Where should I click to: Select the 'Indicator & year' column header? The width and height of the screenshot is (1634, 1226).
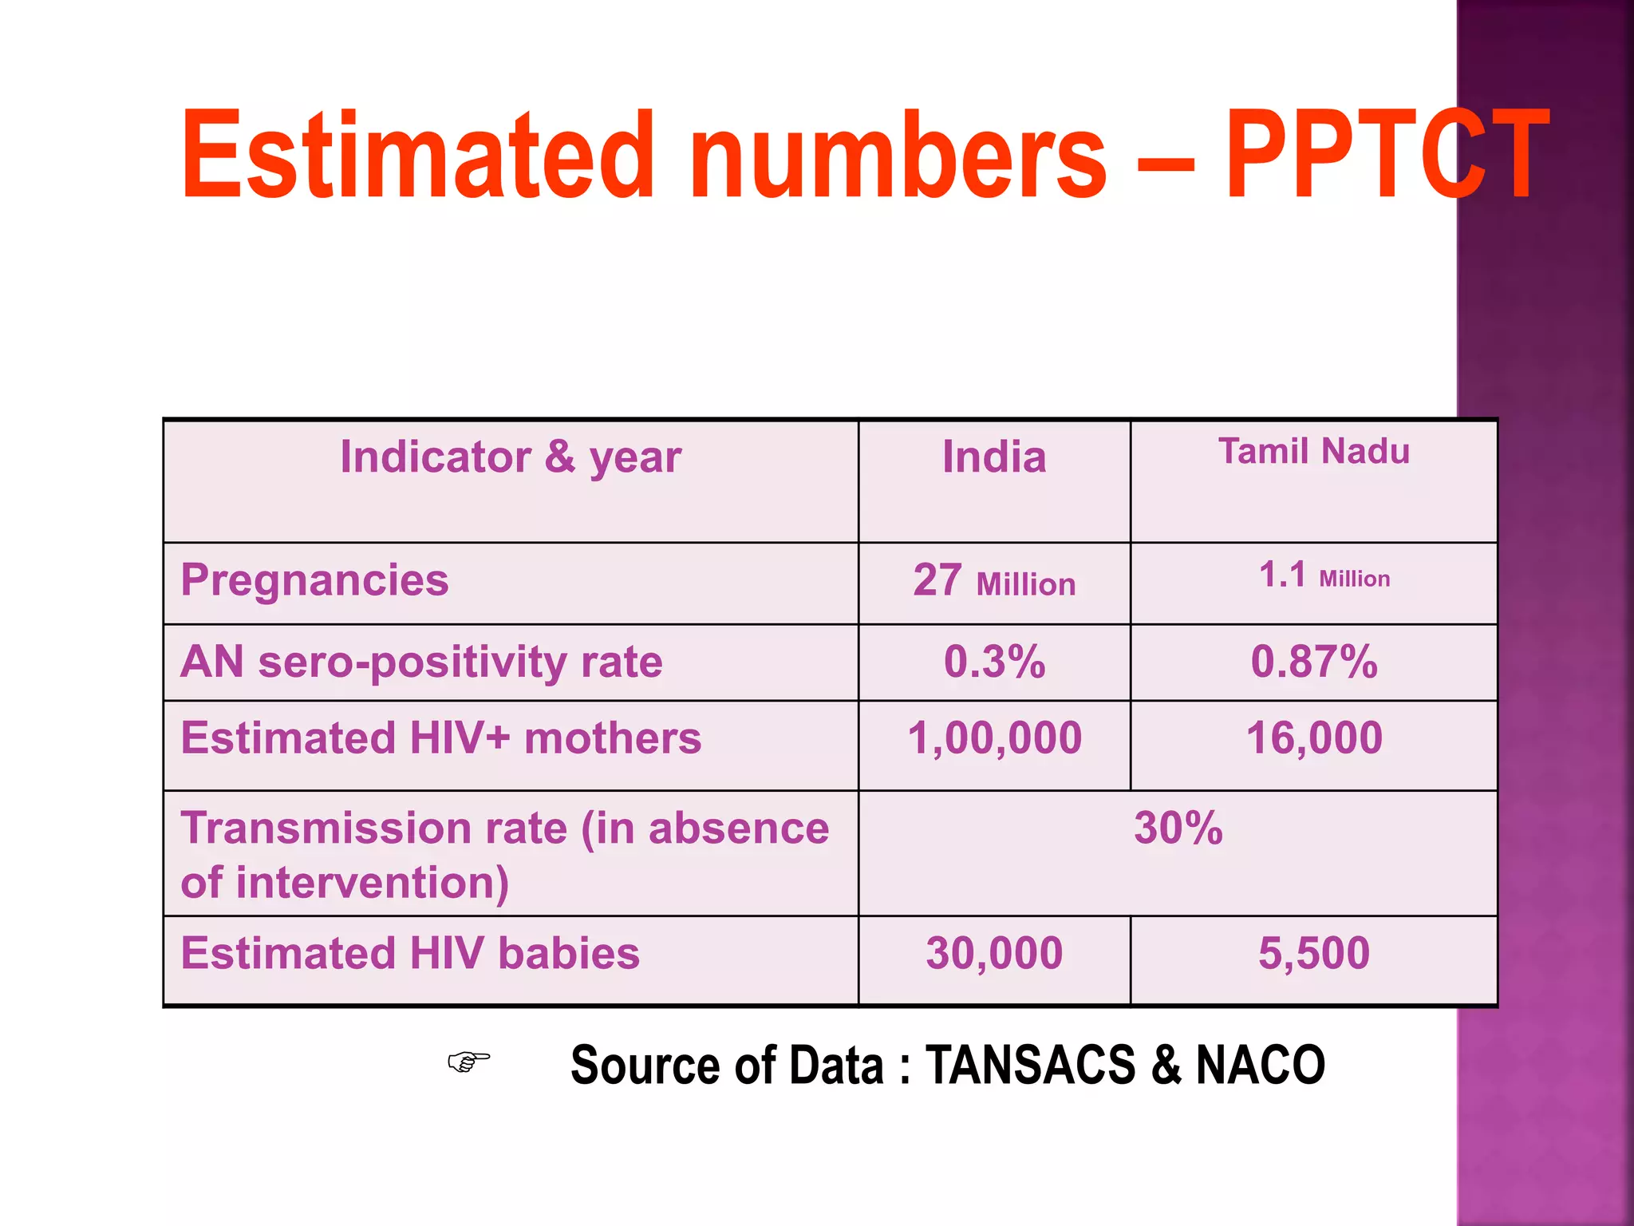click(x=511, y=457)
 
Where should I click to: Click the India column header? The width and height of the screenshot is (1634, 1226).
click(x=994, y=457)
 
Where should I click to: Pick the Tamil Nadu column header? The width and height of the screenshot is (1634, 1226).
click(x=1314, y=452)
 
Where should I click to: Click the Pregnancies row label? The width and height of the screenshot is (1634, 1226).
click(x=314, y=580)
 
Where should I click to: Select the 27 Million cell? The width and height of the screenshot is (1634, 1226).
click(x=994, y=582)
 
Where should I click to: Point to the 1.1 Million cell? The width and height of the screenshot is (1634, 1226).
click(x=1324, y=575)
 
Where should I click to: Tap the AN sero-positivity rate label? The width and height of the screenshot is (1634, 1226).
click(x=421, y=662)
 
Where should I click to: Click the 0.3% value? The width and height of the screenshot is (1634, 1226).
click(x=994, y=662)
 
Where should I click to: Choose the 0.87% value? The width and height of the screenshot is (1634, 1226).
click(x=1314, y=662)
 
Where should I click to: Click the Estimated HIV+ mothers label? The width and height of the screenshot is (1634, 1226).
click(x=441, y=738)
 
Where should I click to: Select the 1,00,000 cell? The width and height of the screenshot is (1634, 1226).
click(x=994, y=738)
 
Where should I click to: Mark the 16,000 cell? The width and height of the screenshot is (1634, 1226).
click(x=1314, y=738)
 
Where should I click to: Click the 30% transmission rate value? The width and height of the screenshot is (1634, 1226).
click(x=1178, y=829)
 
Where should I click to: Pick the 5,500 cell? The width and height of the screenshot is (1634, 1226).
click(x=1314, y=954)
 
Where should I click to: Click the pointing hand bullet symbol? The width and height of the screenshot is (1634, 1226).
click(x=468, y=1062)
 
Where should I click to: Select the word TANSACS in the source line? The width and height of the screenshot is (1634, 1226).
click(x=1030, y=1066)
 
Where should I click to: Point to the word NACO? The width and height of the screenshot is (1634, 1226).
click(x=1261, y=1066)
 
